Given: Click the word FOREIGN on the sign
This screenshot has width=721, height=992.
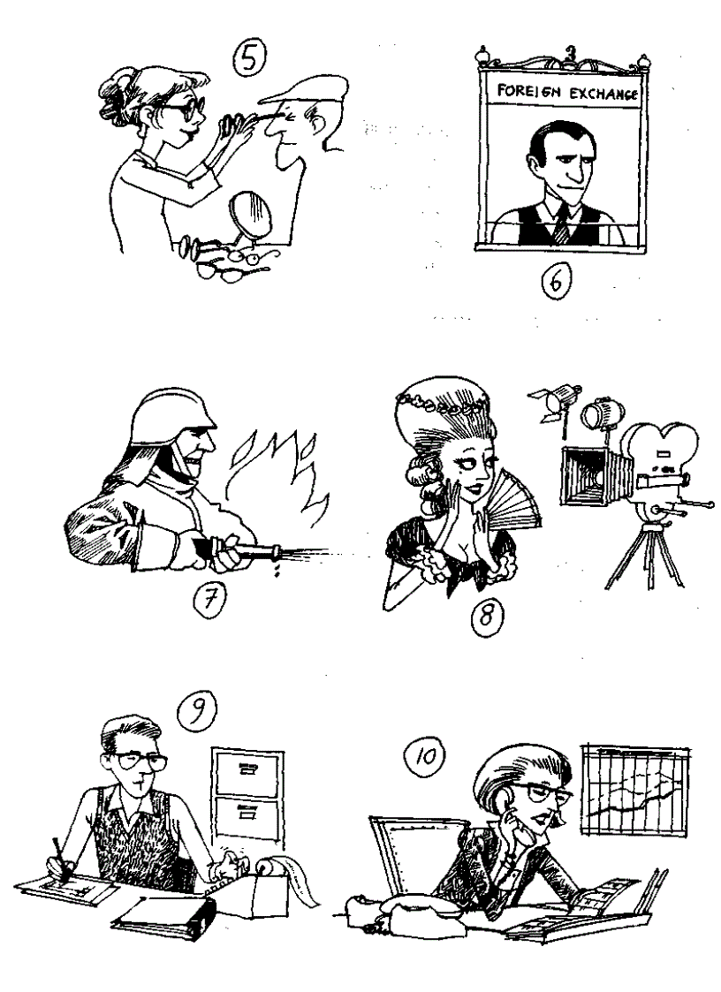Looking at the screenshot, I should click(530, 92).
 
